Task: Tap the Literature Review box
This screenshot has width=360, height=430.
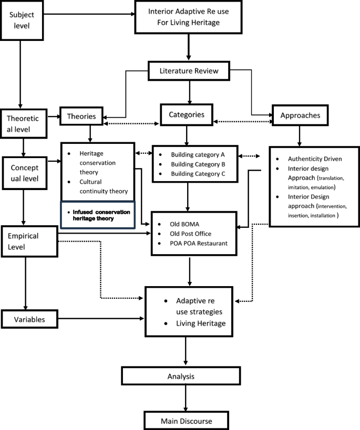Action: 189,71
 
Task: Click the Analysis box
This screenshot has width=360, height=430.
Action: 181,376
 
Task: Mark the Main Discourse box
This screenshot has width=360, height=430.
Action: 186,421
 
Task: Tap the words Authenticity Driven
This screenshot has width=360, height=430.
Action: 312,159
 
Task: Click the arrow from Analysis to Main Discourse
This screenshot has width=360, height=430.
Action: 185,398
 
